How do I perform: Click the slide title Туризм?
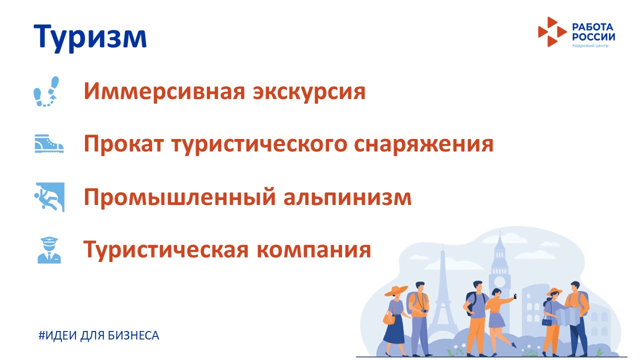point(90,37)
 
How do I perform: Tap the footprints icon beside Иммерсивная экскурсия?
point(46,91)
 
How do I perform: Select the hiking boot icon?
point(49,143)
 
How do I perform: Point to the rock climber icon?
point(49,197)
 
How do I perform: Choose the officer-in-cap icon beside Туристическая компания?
point(49,250)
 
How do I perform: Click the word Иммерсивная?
point(164,91)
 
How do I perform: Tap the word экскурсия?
point(309,92)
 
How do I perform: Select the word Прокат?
point(124,143)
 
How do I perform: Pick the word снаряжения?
point(423,144)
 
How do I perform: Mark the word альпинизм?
point(347,196)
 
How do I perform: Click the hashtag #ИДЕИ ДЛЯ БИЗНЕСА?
point(99,335)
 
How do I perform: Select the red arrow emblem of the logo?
point(552,31)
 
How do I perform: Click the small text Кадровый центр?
point(590,45)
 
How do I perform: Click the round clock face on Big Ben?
point(499,282)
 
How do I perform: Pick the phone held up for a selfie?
point(515,296)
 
